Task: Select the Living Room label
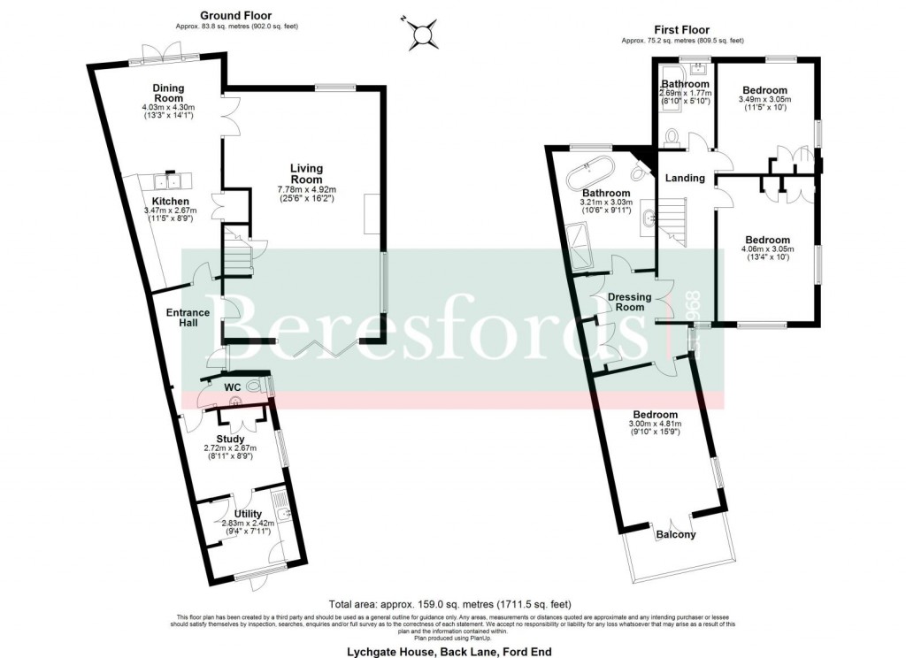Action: (x=307, y=173)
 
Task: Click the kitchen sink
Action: (x=167, y=182)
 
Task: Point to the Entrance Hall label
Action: (x=188, y=318)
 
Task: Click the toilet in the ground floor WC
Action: (x=256, y=386)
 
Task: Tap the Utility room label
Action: (x=248, y=514)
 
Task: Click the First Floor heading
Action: (x=681, y=30)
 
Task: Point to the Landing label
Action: (x=685, y=178)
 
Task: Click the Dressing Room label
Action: (x=629, y=302)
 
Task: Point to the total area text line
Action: (x=452, y=597)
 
